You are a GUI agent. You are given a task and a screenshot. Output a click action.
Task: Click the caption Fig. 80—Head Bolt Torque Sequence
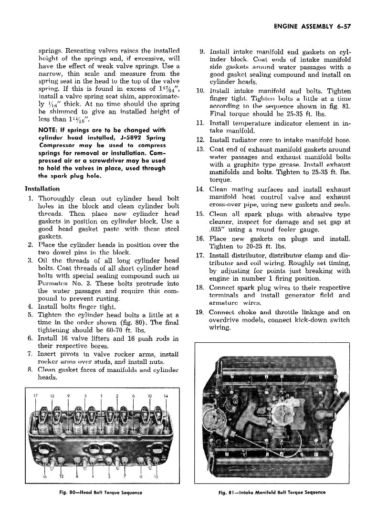coord(103,492)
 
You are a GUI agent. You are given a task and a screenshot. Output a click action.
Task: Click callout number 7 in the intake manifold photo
coord(232,377)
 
